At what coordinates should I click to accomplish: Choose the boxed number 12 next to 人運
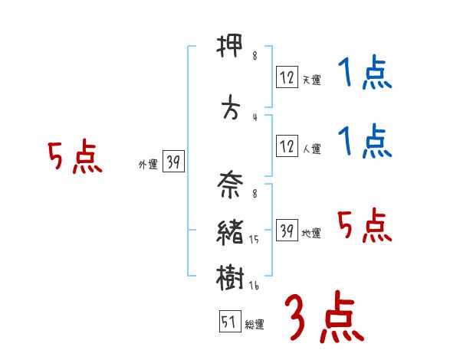(287, 146)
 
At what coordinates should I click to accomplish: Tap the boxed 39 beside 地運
(287, 231)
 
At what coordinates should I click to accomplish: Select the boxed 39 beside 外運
(173, 162)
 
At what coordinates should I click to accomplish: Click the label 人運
(310, 149)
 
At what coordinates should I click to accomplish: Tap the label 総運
(255, 325)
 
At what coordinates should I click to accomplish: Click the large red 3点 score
(324, 318)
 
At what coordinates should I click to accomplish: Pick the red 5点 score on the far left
(74, 158)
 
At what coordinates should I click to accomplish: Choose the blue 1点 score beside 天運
(365, 74)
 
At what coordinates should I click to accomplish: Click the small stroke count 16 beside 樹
(255, 286)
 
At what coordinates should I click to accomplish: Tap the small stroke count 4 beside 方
(254, 116)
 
